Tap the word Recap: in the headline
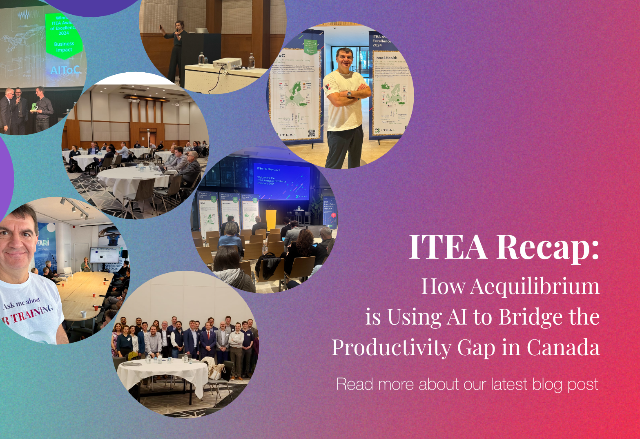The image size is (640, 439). point(548,248)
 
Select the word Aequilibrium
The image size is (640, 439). point(535,286)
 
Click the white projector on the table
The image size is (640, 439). point(227,63)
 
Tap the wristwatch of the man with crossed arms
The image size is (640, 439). point(349,94)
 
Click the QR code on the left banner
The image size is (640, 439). point(312,133)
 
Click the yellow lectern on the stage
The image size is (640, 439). point(271,220)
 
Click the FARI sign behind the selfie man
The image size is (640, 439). point(43,242)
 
